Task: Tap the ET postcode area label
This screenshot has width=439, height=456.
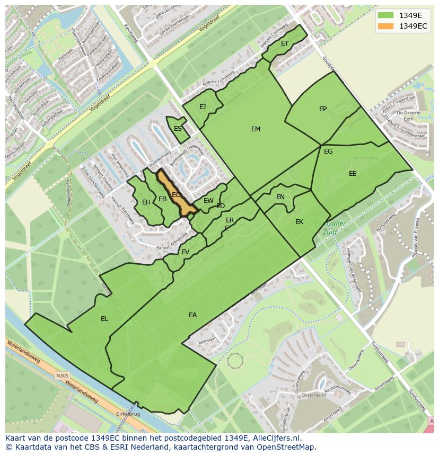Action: point(285,43)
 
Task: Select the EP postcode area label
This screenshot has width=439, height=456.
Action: point(323,109)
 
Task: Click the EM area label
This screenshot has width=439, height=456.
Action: point(256,129)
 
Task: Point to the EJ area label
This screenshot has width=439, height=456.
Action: point(203,107)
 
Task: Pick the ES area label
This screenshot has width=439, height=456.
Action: point(178,129)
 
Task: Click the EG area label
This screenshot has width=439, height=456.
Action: point(328,151)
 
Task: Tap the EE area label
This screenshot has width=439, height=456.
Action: point(353,174)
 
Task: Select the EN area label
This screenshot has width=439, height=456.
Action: point(280,197)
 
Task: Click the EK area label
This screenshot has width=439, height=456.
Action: point(299,222)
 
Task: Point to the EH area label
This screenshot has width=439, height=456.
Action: point(146,202)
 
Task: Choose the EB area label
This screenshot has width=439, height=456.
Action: point(163,199)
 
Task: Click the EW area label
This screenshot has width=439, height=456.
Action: point(208,201)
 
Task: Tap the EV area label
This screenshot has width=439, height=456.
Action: point(185,252)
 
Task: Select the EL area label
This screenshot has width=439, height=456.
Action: point(104,319)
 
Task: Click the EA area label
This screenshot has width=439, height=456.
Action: point(192,315)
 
